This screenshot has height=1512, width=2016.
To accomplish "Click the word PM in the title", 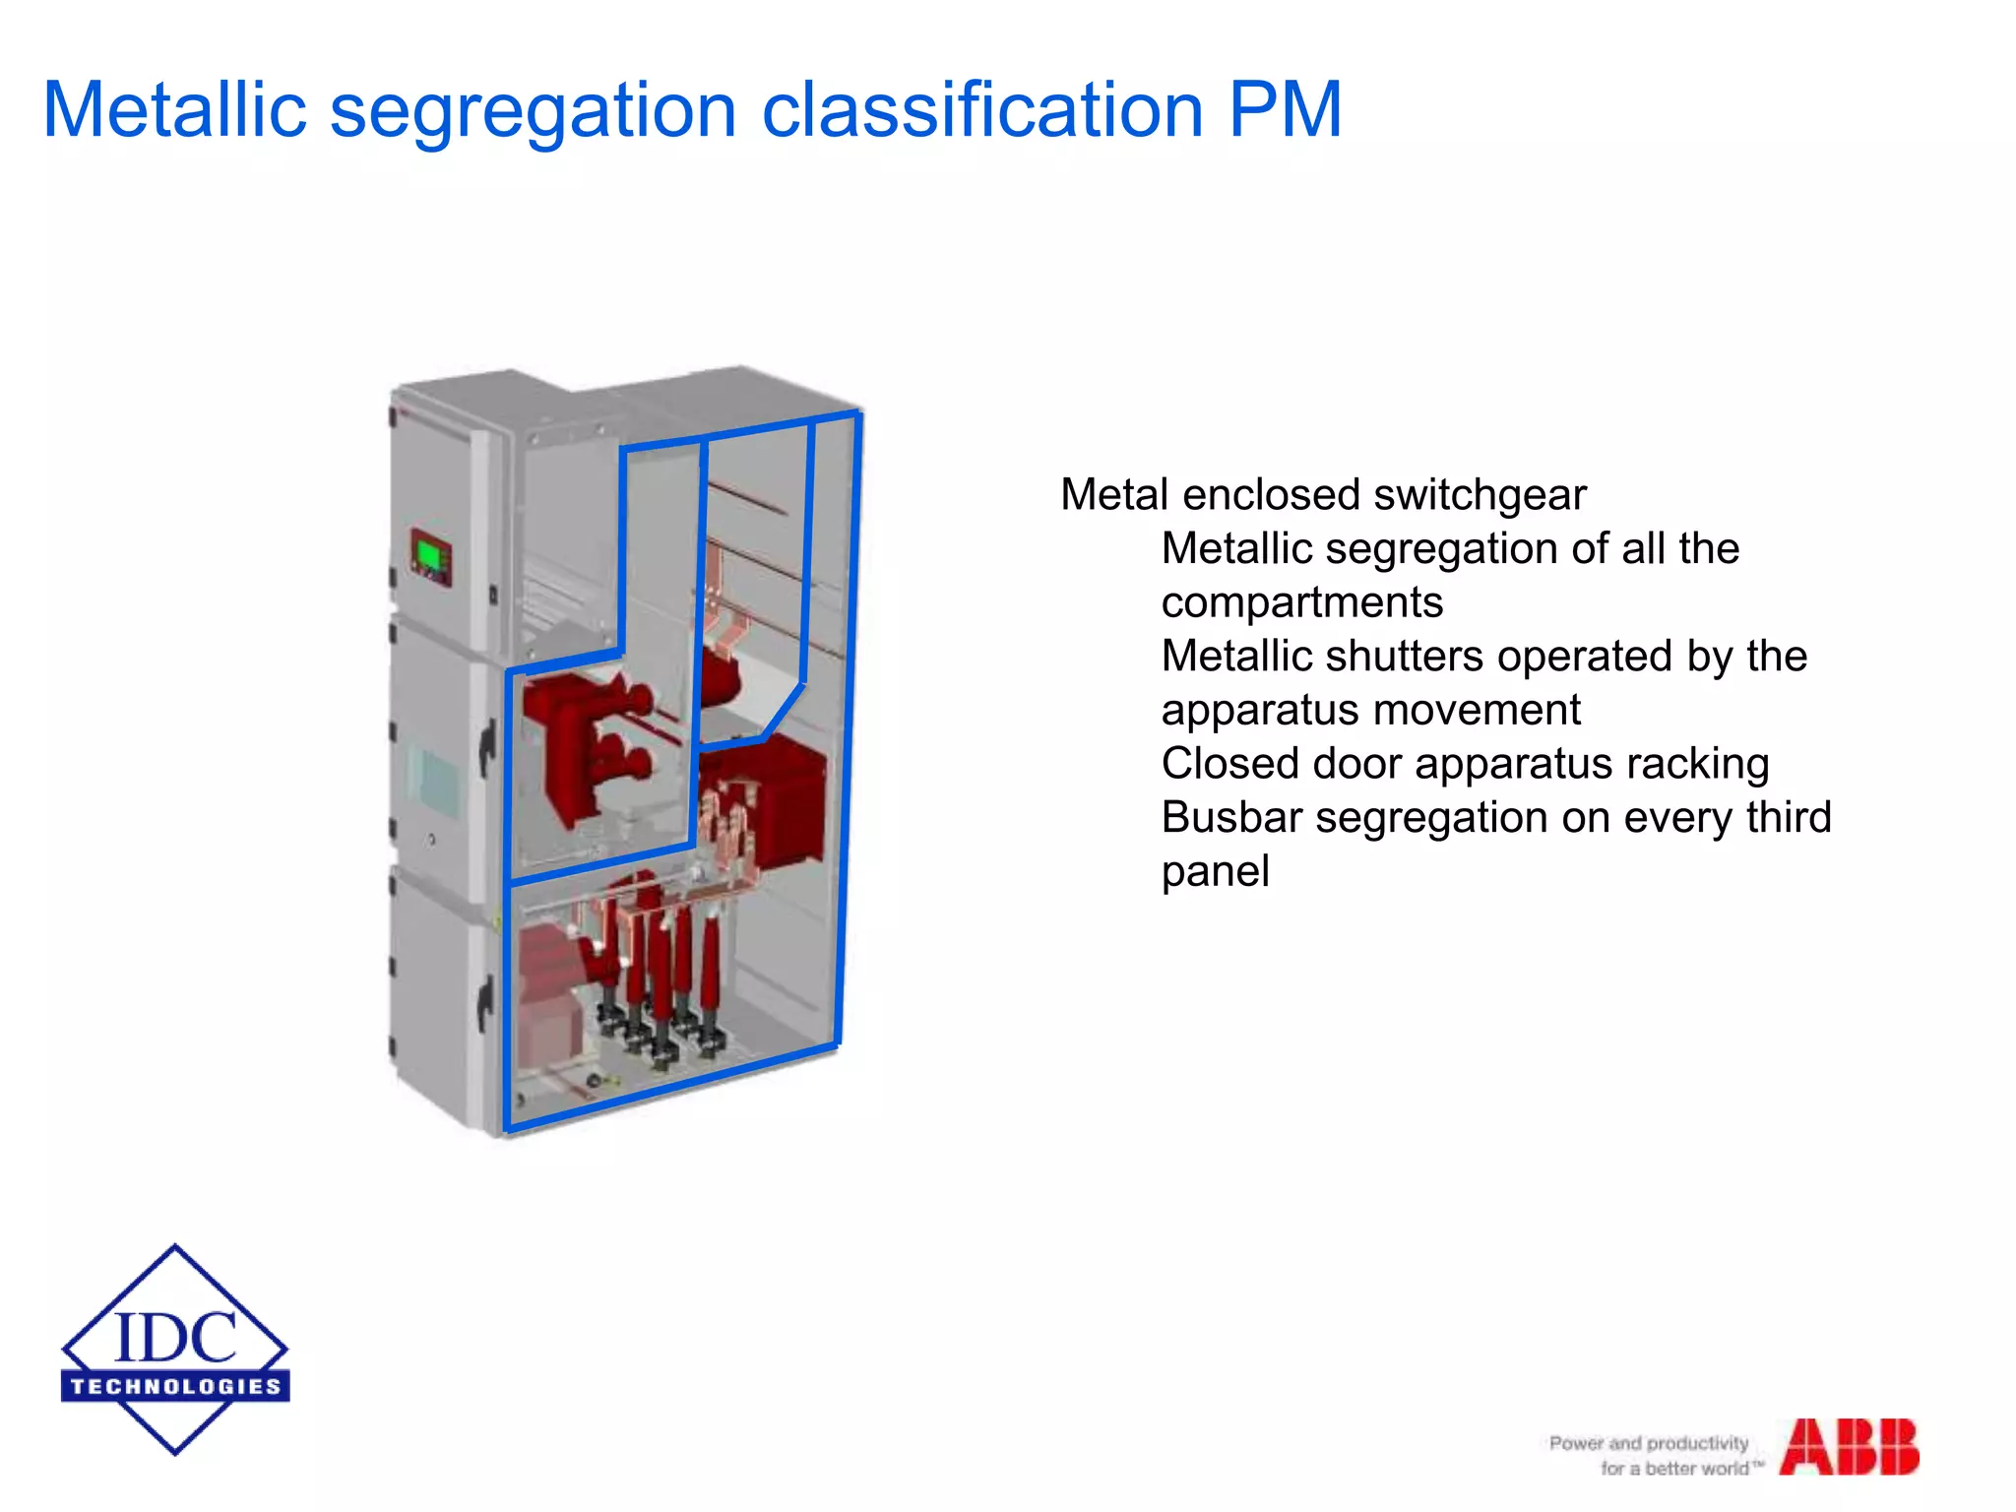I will click(x=1285, y=109).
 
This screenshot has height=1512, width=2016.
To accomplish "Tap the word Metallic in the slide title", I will click(x=174, y=109).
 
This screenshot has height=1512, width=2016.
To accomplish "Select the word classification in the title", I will click(x=982, y=109).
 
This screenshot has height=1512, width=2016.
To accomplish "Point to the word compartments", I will click(x=1301, y=602).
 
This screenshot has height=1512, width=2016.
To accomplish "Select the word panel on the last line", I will click(x=1215, y=872).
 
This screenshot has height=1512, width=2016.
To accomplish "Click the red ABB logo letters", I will click(x=1849, y=1446).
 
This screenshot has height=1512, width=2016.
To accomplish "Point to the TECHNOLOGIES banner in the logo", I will click(x=175, y=1386).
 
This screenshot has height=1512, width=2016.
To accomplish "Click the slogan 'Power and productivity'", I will click(x=1648, y=1443).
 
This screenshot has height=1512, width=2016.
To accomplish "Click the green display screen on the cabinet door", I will click(x=429, y=553).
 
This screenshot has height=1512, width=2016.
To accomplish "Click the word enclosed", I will click(x=1271, y=495).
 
